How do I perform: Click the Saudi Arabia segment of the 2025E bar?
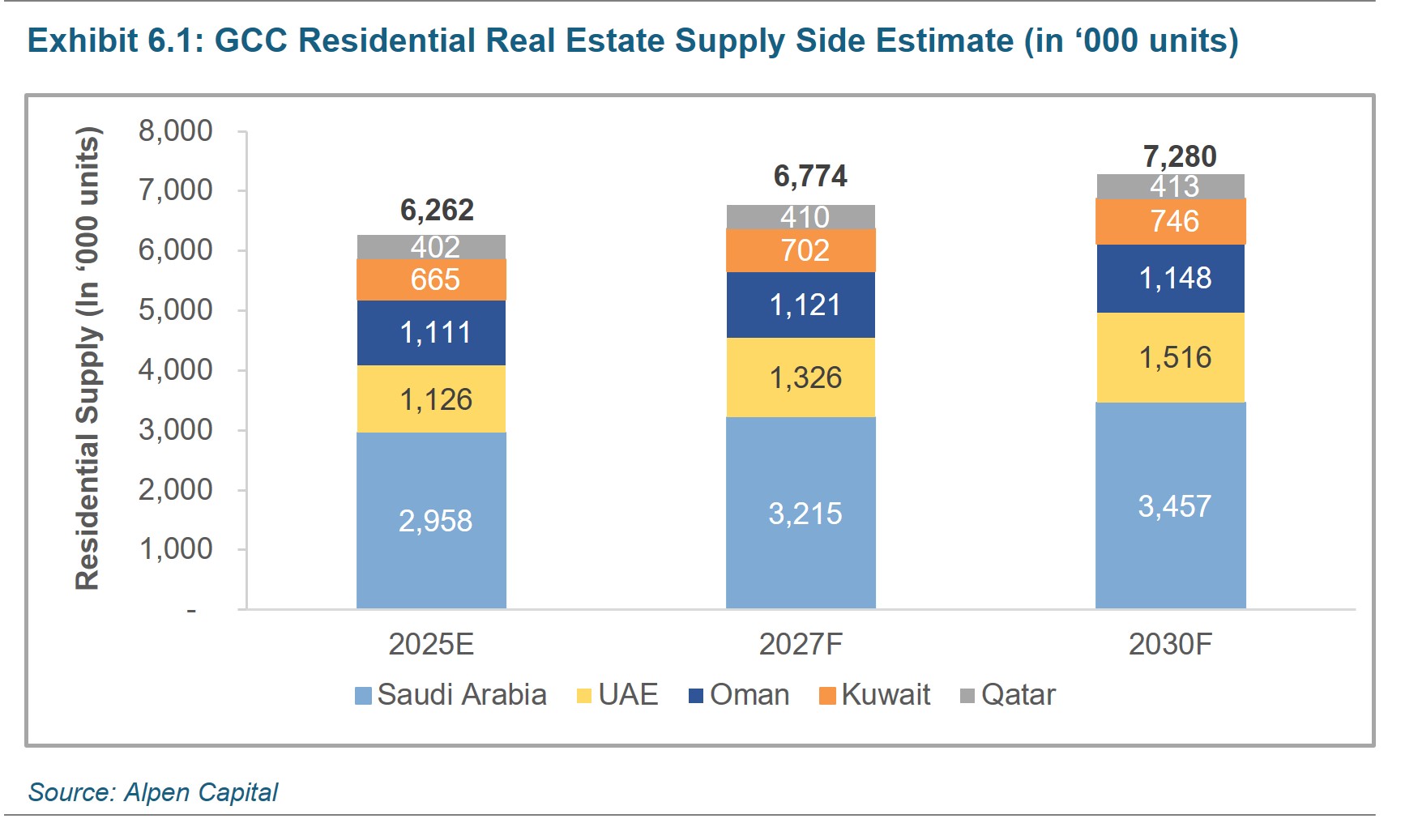coord(431,520)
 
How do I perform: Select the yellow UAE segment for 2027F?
coord(801,377)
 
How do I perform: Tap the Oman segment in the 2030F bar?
coord(1170,279)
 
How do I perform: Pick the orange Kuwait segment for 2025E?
coord(431,279)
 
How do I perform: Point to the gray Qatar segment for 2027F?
coord(801,217)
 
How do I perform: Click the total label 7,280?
coord(1180,156)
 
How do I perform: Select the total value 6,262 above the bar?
coord(437,210)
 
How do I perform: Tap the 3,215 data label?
coord(805,514)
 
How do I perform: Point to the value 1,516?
coord(1175,357)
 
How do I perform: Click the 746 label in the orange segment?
coord(1175,221)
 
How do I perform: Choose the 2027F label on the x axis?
coord(801,644)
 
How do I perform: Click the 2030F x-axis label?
coord(1170,644)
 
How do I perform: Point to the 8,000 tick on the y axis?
coord(175,130)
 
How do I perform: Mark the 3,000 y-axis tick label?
coord(175,429)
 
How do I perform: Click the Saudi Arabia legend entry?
coord(451,695)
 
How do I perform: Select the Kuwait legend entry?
coord(875,695)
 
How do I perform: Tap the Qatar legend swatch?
coord(967,696)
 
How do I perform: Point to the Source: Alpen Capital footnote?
coord(153,791)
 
